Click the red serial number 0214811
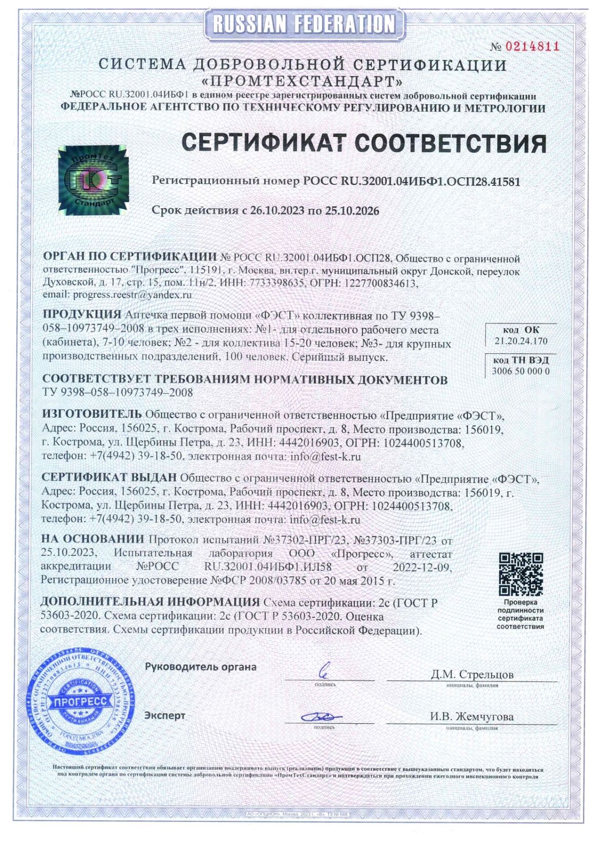click(532, 47)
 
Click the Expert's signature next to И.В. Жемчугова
click(321, 717)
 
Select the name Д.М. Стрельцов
click(472, 674)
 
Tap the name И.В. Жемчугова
click(472, 717)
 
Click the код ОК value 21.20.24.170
click(521, 341)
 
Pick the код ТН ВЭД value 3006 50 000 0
click(521, 371)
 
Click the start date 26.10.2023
click(277, 210)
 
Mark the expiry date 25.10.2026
click(352, 210)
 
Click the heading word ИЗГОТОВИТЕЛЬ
click(92, 414)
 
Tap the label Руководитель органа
click(200, 667)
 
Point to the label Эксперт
click(165, 716)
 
